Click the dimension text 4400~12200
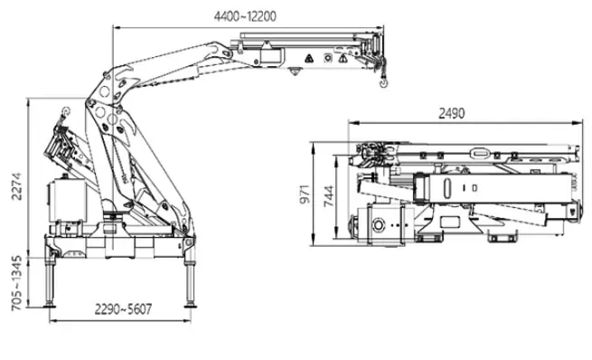pos(245,16)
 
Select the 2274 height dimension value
pos(17,186)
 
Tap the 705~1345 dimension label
pos(16,283)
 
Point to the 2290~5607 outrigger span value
pos(123,309)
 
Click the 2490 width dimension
pos(452,113)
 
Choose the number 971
pos(305,194)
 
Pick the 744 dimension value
pos(329,195)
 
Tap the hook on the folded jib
pos(65,110)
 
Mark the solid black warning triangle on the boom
pos(309,58)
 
